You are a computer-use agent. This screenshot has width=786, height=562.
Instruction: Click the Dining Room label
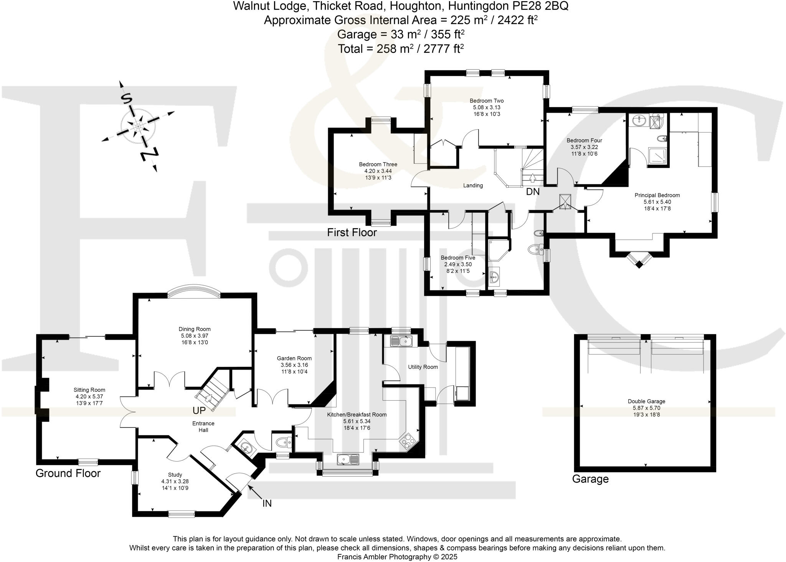click(195, 329)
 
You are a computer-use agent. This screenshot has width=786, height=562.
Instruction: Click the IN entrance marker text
click(267, 503)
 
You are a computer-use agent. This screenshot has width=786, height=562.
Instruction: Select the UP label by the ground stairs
click(199, 411)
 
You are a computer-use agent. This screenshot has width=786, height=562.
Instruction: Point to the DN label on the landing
click(533, 192)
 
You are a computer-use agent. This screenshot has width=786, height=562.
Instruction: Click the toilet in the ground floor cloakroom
click(283, 442)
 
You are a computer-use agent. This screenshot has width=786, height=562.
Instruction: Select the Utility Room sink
click(401, 340)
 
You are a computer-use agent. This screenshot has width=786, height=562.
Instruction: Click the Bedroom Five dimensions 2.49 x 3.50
click(458, 264)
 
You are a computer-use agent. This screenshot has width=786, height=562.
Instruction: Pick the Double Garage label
click(646, 401)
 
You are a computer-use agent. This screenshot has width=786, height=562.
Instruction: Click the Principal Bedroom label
click(657, 195)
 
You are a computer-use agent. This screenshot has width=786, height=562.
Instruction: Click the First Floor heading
click(352, 232)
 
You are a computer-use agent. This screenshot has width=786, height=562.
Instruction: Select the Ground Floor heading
click(68, 473)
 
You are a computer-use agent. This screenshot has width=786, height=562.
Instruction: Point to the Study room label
click(175, 475)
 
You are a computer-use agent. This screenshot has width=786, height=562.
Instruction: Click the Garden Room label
click(294, 358)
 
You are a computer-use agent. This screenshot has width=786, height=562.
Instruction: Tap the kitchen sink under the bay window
click(348, 459)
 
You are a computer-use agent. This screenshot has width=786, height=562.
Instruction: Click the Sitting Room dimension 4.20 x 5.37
click(89, 396)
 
